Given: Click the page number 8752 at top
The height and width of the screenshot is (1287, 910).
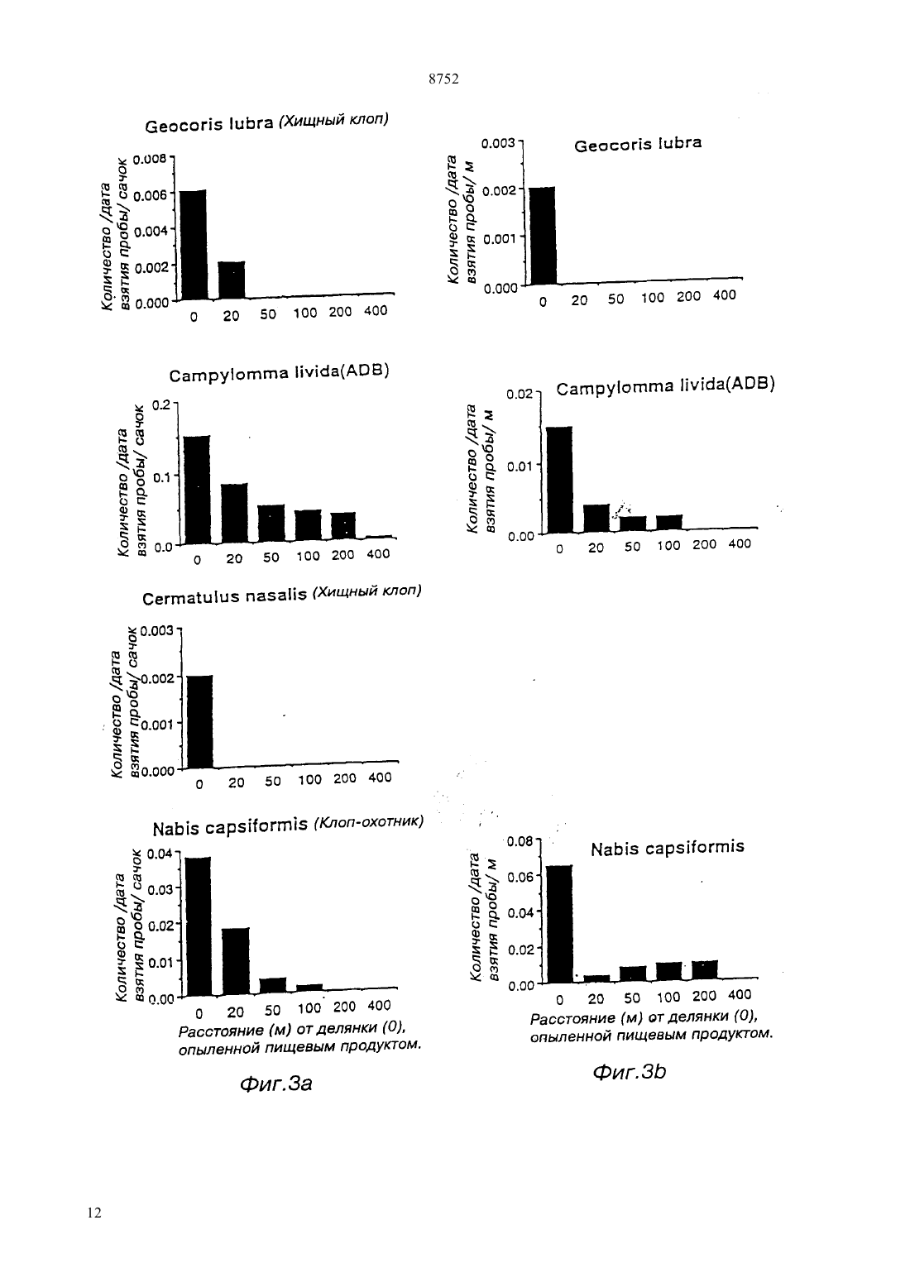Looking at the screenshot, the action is pos(443,79).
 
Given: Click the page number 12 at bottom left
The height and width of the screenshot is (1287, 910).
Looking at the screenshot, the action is pos(94,1213).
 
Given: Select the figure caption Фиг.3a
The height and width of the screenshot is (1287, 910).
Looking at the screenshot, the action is pos(275,1084).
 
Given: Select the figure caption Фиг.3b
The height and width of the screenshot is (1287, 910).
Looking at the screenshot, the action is pos(629,1072).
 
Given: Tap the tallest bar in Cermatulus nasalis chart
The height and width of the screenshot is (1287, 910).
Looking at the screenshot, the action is pos(200,721).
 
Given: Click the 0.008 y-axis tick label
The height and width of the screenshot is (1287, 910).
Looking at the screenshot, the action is pos(150,159).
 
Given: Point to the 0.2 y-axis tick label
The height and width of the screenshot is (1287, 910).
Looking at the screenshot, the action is pos(161,405).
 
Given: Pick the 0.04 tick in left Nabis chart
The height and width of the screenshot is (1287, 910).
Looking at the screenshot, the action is pos(160,854).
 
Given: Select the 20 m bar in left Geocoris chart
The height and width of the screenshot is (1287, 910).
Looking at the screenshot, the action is pos(231,280).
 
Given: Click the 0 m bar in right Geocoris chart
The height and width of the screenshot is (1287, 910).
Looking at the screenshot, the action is pos(543,236).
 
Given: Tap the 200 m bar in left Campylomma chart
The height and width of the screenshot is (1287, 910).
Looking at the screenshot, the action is pos(343,525).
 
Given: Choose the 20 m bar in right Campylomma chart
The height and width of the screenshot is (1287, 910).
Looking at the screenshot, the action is pos(596,518).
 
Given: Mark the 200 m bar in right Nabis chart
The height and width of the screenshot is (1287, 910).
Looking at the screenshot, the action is pos(705,969).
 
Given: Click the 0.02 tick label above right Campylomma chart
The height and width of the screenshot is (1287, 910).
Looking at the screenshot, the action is pos(520,395).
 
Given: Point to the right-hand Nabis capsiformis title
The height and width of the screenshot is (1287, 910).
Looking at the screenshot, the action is pos(668,848).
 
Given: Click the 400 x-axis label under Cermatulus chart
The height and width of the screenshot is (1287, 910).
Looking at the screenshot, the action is pos(380,777).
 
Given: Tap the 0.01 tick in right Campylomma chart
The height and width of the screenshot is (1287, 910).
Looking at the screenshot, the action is pos(520,466).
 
